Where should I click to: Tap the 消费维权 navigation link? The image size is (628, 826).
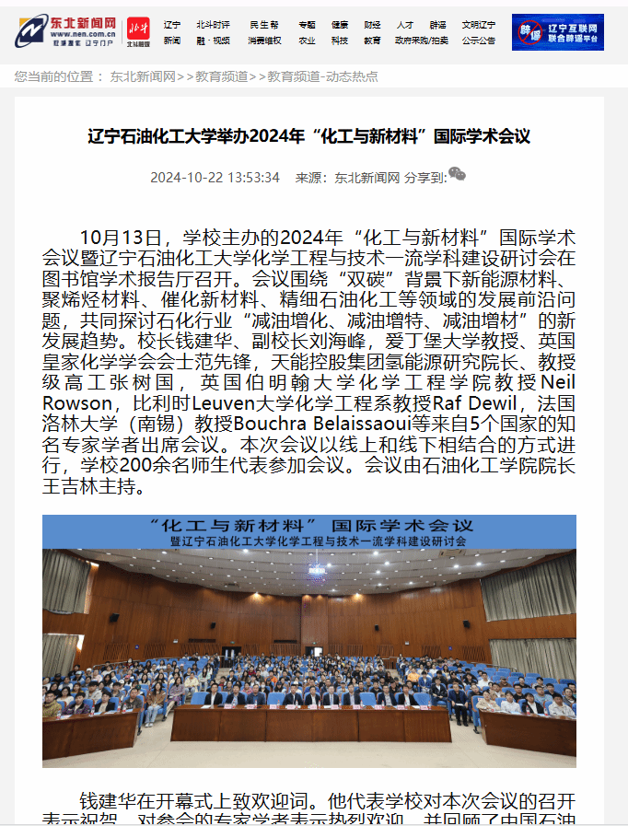[264, 41]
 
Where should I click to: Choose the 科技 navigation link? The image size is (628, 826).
[340, 41]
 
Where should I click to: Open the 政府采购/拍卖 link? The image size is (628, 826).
[422, 41]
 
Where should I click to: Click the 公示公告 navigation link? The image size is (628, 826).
[478, 41]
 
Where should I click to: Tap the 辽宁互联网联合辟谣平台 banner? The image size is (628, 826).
[557, 32]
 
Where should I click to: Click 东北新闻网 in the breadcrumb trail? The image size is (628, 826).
[143, 76]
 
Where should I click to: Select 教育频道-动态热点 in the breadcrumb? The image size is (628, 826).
[322, 76]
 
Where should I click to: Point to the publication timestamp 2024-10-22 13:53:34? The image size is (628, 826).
[215, 178]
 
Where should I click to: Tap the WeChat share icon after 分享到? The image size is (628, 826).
[457, 175]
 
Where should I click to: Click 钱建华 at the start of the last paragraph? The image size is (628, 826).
[107, 801]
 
